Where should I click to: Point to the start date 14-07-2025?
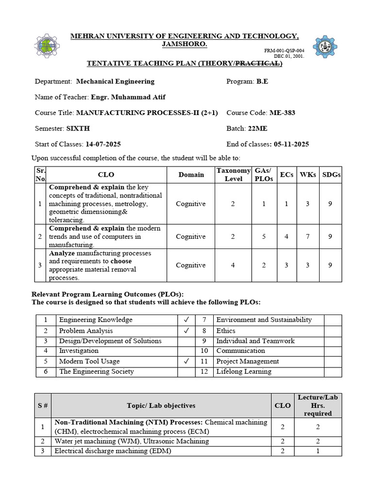(x=103, y=144)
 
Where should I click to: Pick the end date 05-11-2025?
(x=291, y=144)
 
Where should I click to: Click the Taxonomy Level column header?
(x=233, y=174)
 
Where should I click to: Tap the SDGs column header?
(x=331, y=174)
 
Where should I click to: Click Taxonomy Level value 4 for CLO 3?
(x=233, y=265)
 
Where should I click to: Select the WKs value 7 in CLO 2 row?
(x=307, y=236)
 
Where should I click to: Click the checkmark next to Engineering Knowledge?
(x=186, y=320)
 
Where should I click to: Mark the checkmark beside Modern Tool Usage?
(x=186, y=361)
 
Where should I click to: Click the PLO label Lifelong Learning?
(x=244, y=372)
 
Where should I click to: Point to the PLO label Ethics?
(x=226, y=331)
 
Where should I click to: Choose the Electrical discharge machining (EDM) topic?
(x=113, y=451)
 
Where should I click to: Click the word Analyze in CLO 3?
(x=62, y=253)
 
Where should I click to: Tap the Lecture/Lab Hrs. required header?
(x=318, y=405)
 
